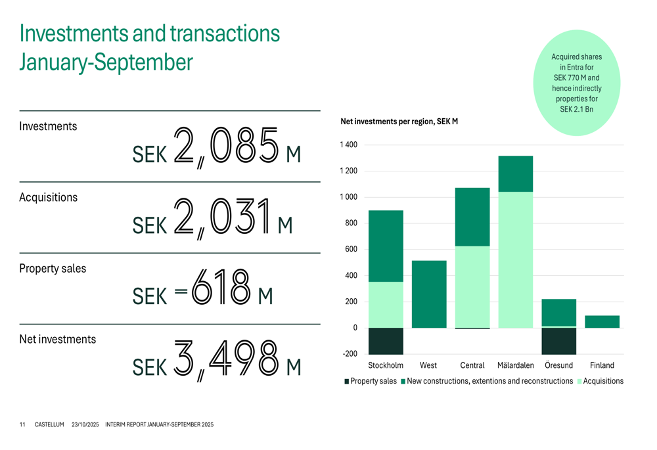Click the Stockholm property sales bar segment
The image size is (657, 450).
point(386,341)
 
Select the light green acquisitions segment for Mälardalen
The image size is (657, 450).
point(516,259)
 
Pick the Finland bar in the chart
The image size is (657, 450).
point(602,322)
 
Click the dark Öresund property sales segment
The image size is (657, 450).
point(558,341)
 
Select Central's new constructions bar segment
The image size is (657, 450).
point(472,217)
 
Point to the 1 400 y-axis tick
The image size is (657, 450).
point(348,145)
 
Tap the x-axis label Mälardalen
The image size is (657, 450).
point(516,365)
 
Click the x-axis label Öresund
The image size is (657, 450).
point(558,365)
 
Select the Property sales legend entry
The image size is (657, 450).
point(371,381)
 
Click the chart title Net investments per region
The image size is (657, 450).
point(399,122)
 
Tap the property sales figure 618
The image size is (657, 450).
point(221,288)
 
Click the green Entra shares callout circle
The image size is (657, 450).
point(576,83)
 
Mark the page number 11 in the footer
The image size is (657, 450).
point(22,425)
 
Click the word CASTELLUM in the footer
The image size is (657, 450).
point(49,425)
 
